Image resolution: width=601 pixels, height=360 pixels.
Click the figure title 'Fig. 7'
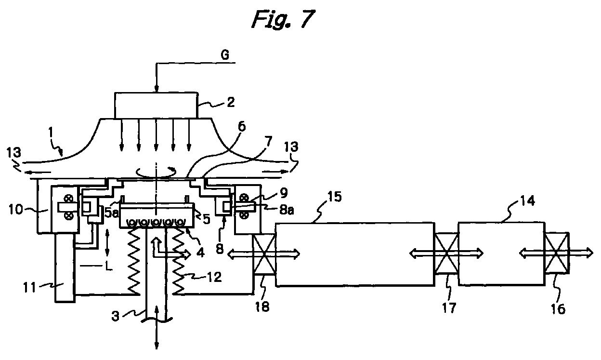(x=283, y=19)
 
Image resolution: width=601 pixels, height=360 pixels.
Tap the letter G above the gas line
(x=225, y=55)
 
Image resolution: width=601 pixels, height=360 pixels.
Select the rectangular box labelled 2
(x=157, y=106)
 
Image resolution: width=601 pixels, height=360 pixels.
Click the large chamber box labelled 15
(x=355, y=254)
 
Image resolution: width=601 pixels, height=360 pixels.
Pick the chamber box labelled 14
(x=501, y=253)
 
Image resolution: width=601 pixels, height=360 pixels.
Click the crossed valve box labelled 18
(x=264, y=254)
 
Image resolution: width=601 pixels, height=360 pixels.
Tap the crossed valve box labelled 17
(x=446, y=253)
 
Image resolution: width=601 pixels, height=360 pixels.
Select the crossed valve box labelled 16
(x=557, y=253)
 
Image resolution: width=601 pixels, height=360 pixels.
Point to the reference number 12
(x=214, y=277)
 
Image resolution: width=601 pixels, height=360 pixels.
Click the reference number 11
(x=29, y=288)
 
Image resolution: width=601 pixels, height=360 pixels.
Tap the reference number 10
(x=16, y=209)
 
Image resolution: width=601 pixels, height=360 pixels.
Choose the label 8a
(x=287, y=210)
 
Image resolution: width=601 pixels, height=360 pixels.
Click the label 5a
(x=111, y=213)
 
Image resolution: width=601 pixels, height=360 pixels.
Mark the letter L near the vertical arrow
(x=109, y=266)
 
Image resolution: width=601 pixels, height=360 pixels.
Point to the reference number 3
(x=116, y=316)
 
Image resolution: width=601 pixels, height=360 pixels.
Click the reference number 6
(x=242, y=126)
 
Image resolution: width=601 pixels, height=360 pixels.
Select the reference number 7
(x=268, y=141)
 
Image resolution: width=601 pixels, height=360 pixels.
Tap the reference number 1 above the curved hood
(x=51, y=133)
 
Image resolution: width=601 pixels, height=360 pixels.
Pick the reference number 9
(x=284, y=192)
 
